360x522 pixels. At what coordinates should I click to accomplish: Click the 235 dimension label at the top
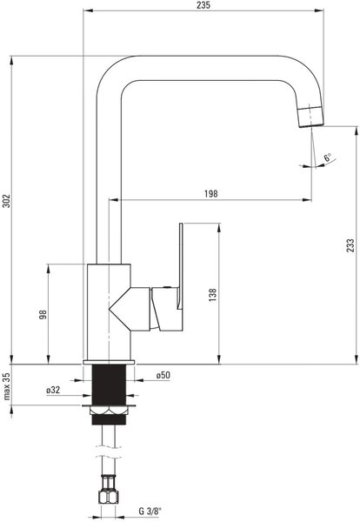point(203,5)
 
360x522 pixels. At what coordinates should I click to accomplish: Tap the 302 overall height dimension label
point(7,201)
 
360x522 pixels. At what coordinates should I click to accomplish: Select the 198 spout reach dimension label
point(211,194)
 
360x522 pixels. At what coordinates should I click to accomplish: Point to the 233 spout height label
point(350,245)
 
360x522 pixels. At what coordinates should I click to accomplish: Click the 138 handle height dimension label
point(212,295)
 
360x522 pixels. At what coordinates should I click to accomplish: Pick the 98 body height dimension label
point(43,314)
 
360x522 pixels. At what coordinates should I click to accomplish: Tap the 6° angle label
point(328,157)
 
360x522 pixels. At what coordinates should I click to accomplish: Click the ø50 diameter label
point(163,375)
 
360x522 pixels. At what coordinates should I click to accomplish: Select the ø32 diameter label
point(53,390)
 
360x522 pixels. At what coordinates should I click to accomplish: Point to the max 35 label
point(7,386)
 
